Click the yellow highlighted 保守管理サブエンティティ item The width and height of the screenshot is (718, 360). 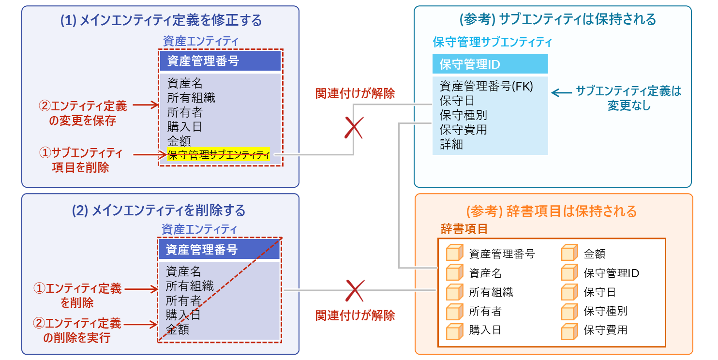coord(218,154)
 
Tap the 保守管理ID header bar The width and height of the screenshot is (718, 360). coord(490,64)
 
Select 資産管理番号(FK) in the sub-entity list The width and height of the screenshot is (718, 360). coord(486,86)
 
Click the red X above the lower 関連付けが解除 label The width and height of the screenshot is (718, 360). coord(355,291)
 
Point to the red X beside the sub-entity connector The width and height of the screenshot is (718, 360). coord(354,128)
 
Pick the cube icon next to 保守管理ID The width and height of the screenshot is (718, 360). coord(569,272)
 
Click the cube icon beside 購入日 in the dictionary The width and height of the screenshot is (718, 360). coord(454,331)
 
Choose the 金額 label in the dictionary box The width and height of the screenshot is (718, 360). coord(594,254)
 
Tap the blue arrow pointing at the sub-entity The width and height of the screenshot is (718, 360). coord(561,93)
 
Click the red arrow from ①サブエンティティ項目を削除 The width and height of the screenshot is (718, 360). coord(150,155)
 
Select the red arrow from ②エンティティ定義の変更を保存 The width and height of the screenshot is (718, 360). coord(146,105)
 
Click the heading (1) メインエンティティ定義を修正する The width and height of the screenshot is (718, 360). coord(161,20)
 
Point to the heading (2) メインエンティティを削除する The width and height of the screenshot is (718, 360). coord(159,210)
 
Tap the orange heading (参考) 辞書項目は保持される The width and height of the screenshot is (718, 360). coord(551,211)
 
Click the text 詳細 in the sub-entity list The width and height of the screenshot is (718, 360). coord(451,144)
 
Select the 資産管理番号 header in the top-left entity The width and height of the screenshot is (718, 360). coord(203,60)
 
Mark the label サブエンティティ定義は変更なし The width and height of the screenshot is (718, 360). coord(628,98)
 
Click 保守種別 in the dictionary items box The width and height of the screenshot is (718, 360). coord(605,311)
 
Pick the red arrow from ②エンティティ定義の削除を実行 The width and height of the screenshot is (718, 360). coord(140,324)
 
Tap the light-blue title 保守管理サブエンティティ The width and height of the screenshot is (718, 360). coord(493,42)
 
